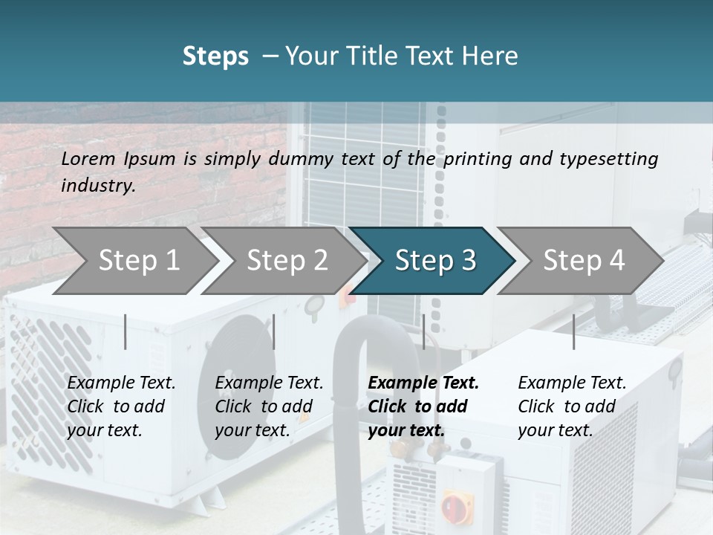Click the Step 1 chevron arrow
coord(139,261)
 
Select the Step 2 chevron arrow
coord(287,261)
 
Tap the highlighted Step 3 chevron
coord(435,261)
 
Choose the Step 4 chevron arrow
coord(584,261)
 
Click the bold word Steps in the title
coord(215,56)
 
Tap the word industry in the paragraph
coord(97,185)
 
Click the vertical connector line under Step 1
coord(126,331)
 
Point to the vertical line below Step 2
coord(274,331)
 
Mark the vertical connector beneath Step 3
coord(423,331)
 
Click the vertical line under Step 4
coord(573,331)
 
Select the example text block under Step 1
coord(121,406)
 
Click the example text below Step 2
coord(269,406)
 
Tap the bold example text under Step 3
coord(423,406)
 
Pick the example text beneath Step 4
coord(572,406)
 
